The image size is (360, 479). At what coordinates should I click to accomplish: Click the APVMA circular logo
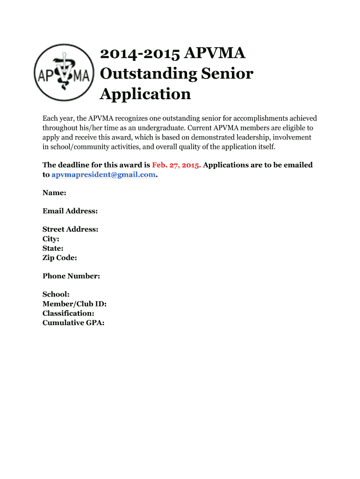click(x=64, y=73)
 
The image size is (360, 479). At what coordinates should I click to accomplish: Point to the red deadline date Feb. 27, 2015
click(x=176, y=165)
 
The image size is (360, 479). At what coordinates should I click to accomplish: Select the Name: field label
click(x=54, y=193)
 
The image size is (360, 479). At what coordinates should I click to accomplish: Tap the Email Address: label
click(x=70, y=211)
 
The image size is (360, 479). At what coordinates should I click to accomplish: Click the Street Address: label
click(x=70, y=229)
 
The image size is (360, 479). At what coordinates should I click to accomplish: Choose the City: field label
click(x=51, y=239)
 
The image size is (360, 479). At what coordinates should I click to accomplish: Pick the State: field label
click(x=53, y=248)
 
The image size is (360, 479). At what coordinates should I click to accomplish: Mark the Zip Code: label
click(x=60, y=257)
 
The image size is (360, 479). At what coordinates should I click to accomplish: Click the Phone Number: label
click(x=71, y=276)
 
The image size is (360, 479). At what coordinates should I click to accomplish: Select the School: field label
click(x=56, y=294)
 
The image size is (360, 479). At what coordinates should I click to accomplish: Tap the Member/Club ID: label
click(x=74, y=304)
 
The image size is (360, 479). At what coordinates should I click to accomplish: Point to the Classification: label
click(x=68, y=313)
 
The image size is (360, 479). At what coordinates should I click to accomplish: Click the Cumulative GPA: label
click(x=73, y=322)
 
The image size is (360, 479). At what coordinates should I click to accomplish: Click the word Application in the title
click(x=145, y=94)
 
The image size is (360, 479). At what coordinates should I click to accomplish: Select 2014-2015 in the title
click(x=140, y=54)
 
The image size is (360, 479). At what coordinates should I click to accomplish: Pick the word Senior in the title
click(x=227, y=74)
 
